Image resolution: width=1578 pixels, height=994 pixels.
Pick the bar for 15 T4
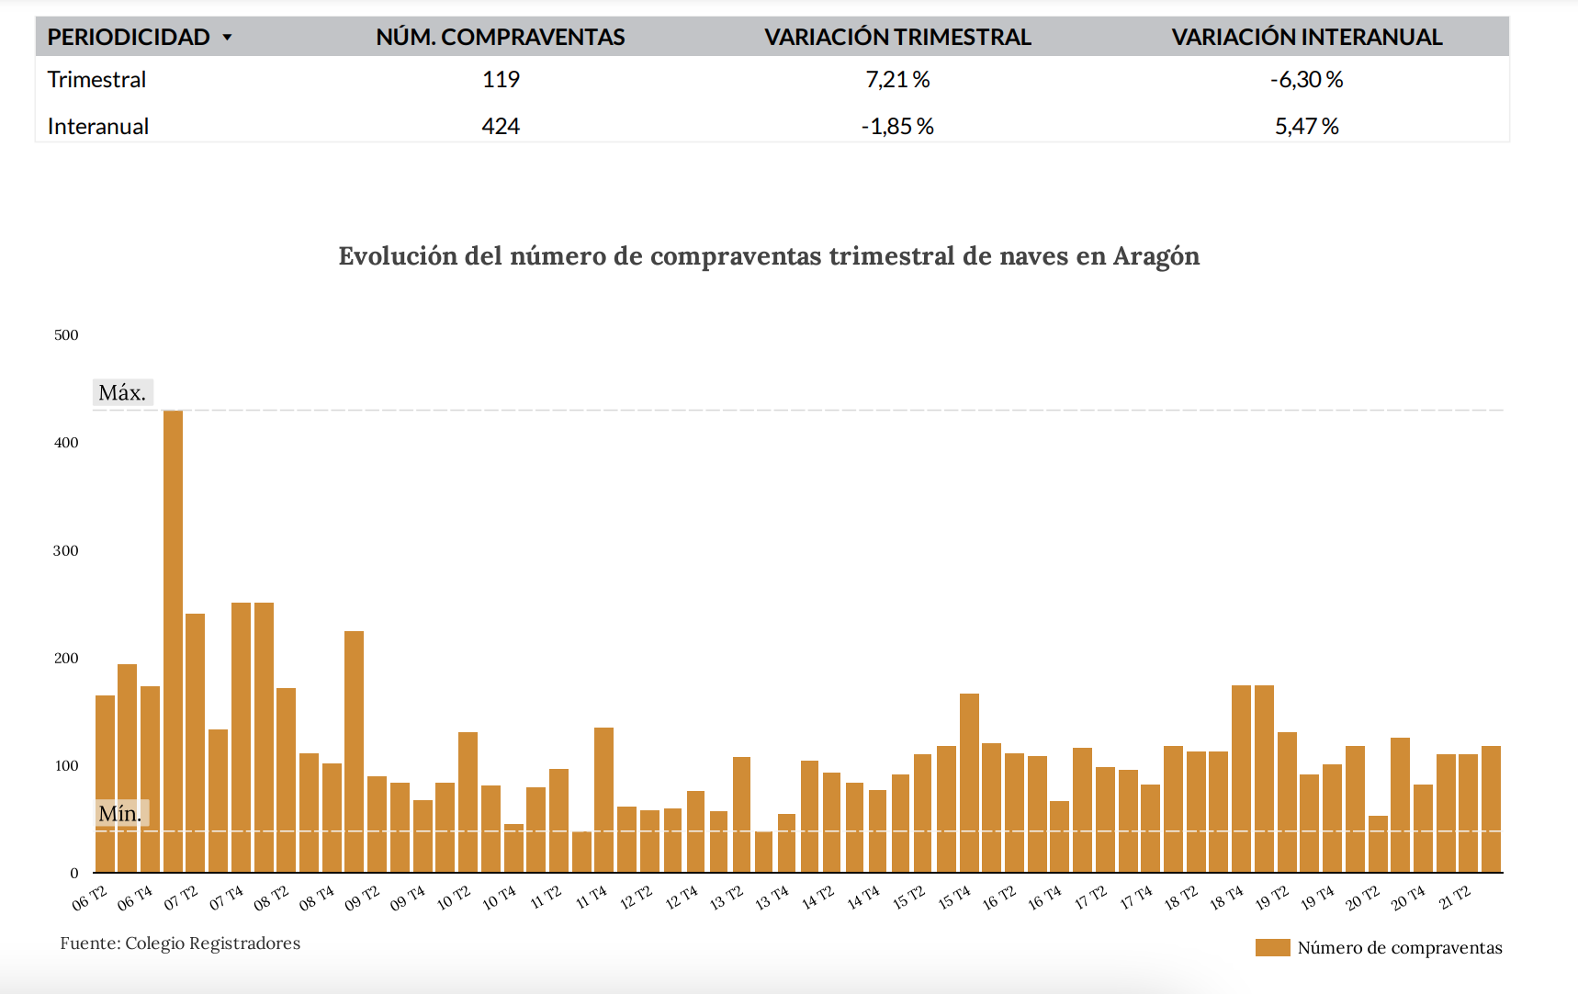pyautogui.click(x=969, y=783)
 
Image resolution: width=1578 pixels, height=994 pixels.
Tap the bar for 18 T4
pyautogui.click(x=1241, y=779)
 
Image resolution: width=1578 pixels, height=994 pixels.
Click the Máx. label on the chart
pyautogui.click(x=122, y=393)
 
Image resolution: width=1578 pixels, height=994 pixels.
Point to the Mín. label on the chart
pyautogui.click(x=120, y=813)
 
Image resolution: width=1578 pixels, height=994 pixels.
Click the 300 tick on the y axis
pyautogui.click(x=66, y=551)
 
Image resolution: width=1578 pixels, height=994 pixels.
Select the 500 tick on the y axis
pyautogui.click(x=66, y=335)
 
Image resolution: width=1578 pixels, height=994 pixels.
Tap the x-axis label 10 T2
pyautogui.click(x=454, y=898)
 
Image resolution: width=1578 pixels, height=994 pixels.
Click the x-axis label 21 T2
pyautogui.click(x=1455, y=898)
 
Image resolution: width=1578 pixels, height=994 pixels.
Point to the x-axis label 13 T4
pyautogui.click(x=772, y=898)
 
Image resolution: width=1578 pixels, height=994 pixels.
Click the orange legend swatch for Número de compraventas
pyautogui.click(x=1272, y=948)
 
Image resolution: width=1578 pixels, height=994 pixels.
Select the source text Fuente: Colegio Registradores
pyautogui.click(x=180, y=943)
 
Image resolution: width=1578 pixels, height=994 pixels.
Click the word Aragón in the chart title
pyautogui.click(x=1155, y=256)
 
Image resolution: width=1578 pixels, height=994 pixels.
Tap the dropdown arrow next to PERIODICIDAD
pyautogui.click(x=227, y=38)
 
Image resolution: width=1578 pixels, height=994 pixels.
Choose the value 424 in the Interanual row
pyautogui.click(x=501, y=126)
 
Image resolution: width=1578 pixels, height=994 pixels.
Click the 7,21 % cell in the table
pyautogui.click(x=897, y=80)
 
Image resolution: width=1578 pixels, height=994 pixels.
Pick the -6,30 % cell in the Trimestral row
pyautogui.click(x=1306, y=80)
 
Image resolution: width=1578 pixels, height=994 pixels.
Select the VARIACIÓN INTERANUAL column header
pyautogui.click(x=1306, y=38)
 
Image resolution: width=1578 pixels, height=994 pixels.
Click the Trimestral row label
pyautogui.click(x=96, y=80)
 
